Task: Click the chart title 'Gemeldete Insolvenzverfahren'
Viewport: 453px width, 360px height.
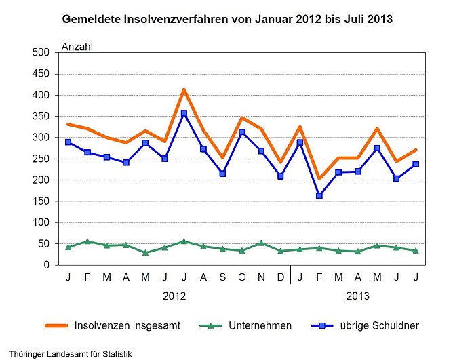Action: pos(226,19)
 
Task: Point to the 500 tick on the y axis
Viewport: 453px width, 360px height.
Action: pos(45,53)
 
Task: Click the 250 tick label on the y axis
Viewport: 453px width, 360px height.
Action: pos(45,159)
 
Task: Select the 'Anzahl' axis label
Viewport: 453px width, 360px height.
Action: pos(77,47)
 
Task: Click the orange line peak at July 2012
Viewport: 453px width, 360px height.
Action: pos(184,89)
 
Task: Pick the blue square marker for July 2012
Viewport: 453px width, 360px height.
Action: pos(184,113)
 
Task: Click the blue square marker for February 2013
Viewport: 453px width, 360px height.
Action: pos(319,196)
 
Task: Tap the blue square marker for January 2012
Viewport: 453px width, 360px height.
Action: pos(68,142)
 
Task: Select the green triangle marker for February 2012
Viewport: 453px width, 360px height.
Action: pos(87,241)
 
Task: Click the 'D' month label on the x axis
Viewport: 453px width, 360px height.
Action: pos(281,277)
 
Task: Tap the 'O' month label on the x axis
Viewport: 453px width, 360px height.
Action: pos(242,277)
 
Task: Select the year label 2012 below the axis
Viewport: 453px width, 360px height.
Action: pos(174,296)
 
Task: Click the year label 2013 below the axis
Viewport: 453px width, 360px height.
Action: pos(358,296)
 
